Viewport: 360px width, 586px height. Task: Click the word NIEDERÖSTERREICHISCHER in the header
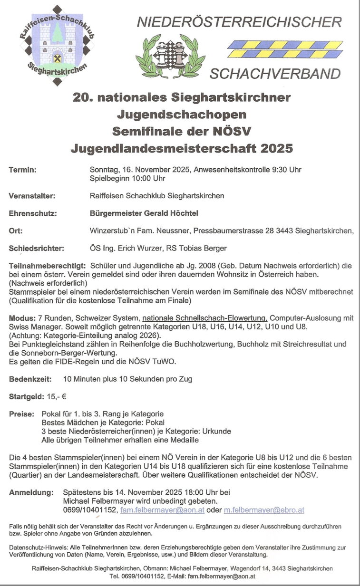click(x=239, y=22)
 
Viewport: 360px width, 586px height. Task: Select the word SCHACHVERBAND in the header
click(x=275, y=74)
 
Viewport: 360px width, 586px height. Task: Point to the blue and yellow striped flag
click(x=285, y=49)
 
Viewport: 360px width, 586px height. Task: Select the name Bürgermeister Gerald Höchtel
click(x=144, y=213)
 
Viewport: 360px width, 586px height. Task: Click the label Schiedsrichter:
click(x=36, y=248)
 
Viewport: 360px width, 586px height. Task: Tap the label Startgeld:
click(x=27, y=396)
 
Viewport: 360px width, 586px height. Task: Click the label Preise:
click(x=22, y=414)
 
